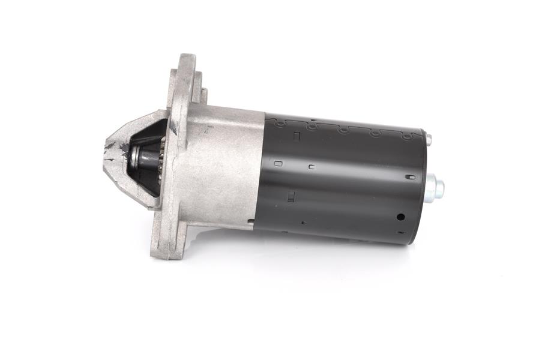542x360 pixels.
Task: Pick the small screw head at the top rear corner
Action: coord(429,140)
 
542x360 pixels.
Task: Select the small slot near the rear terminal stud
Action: coord(409,177)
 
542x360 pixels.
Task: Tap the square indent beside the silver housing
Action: coord(278,163)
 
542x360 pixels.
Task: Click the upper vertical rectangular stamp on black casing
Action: coord(297,137)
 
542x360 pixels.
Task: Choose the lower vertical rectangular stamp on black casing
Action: coord(291,196)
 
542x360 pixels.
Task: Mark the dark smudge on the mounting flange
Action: coord(173,126)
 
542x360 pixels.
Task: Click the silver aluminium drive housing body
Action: coord(222,168)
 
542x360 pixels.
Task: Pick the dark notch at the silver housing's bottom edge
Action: coord(251,223)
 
